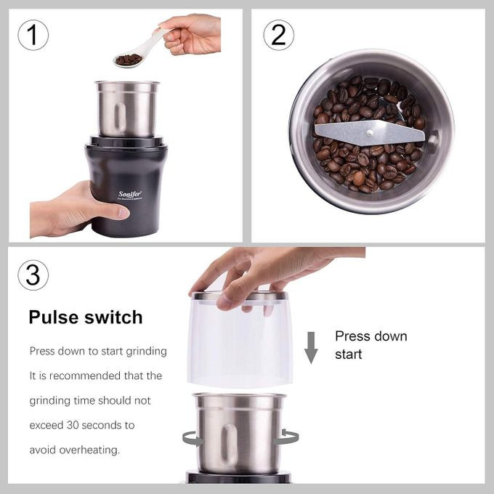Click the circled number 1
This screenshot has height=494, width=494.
point(33,35)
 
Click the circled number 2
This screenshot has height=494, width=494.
point(278,35)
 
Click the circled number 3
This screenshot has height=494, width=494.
point(33,275)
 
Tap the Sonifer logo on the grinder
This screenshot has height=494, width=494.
point(130,195)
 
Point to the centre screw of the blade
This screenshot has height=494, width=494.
point(370,133)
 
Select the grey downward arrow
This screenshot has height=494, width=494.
point(311,347)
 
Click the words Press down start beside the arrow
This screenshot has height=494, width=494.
point(370,345)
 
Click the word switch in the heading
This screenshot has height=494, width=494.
point(113,317)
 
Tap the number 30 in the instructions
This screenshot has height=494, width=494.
point(73,425)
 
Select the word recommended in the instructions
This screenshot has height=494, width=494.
point(85,376)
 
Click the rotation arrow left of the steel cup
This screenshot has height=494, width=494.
point(193,439)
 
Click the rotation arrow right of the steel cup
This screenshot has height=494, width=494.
point(288,437)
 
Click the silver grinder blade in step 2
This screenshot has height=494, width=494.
point(370,133)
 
